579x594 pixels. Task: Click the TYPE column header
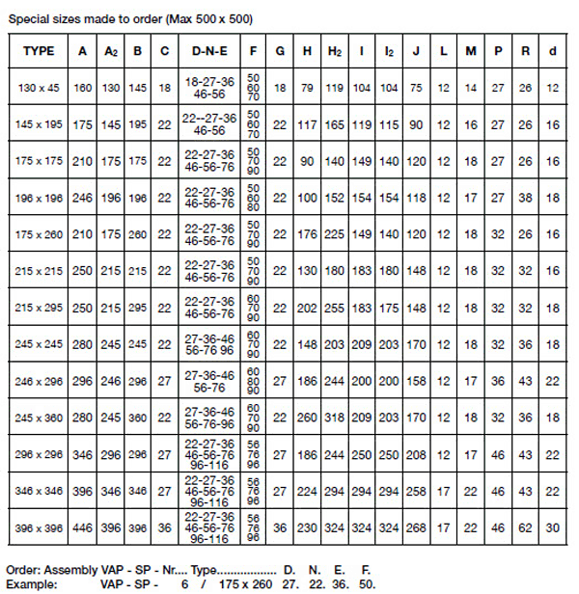(x=38, y=50)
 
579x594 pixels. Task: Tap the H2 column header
(x=336, y=50)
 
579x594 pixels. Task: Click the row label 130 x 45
(x=38, y=88)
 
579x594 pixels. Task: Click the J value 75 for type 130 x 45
(x=417, y=88)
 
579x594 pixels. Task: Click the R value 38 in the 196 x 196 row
(x=525, y=198)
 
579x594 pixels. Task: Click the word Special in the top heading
(x=28, y=18)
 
